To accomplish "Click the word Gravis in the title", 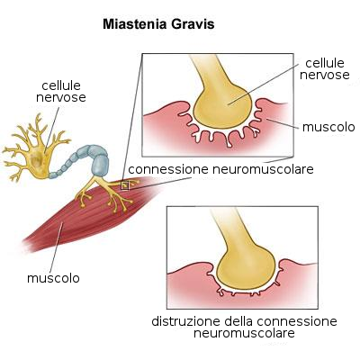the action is click(x=193, y=24).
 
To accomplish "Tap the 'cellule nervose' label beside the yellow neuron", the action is click(x=61, y=92).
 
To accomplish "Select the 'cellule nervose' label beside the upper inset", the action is click(x=325, y=69).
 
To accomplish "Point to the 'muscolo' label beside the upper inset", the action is click(x=328, y=127).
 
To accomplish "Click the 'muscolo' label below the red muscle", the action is click(x=53, y=278).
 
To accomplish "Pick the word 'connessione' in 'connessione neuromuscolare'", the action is click(x=168, y=169).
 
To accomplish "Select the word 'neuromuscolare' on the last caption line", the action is click(x=244, y=333).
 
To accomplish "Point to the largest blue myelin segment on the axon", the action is click(x=99, y=165).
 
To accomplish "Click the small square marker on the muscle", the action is click(x=124, y=185).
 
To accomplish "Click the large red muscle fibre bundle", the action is click(x=90, y=214).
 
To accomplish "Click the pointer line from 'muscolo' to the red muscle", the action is click(x=57, y=247).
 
